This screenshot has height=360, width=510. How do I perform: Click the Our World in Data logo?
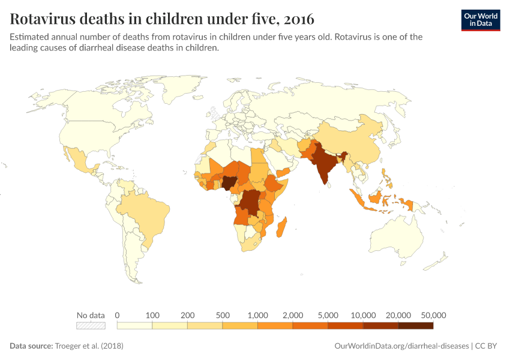[480, 20]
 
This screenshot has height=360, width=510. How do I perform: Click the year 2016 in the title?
[296, 19]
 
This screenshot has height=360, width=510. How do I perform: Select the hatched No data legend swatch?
[91, 325]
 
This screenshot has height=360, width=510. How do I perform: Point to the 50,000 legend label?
[433, 315]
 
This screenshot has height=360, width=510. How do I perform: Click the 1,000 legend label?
[258, 315]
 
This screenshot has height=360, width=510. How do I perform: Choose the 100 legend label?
[152, 315]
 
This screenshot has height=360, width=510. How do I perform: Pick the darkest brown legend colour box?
[415, 325]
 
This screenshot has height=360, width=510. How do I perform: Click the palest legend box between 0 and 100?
[134, 325]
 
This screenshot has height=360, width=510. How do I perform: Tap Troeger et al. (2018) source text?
[91, 346]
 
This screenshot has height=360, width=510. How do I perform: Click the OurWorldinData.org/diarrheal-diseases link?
[401, 346]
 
